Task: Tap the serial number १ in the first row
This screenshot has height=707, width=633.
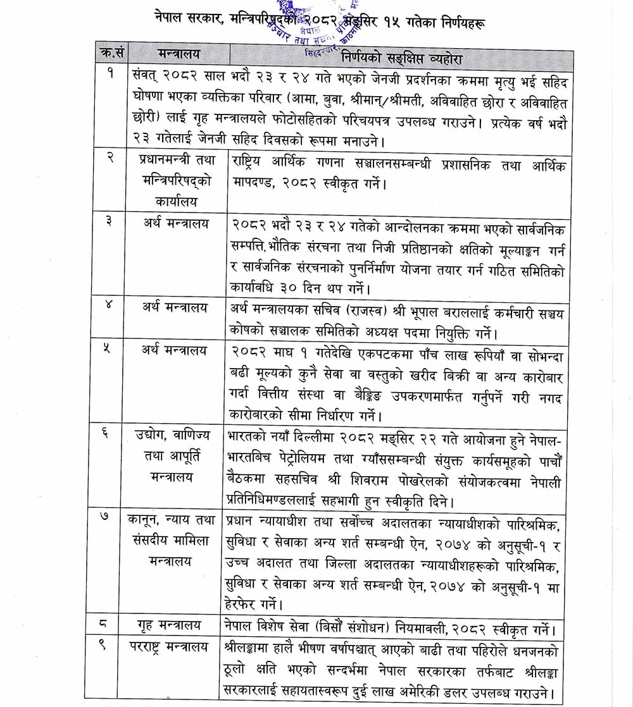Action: coord(111,75)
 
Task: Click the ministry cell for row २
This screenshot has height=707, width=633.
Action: coord(177,180)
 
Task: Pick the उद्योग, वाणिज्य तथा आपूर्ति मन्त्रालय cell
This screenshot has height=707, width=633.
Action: coord(177,456)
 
